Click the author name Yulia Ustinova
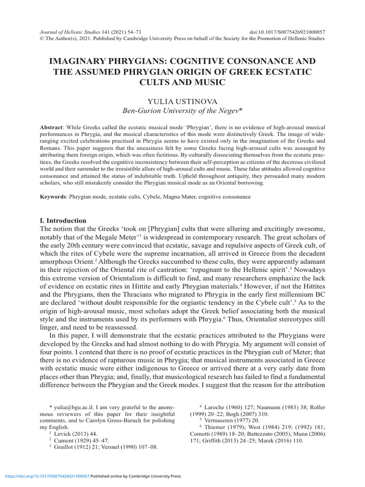point(182,101)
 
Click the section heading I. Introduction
point(63,221)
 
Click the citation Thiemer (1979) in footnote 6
point(223,428)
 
